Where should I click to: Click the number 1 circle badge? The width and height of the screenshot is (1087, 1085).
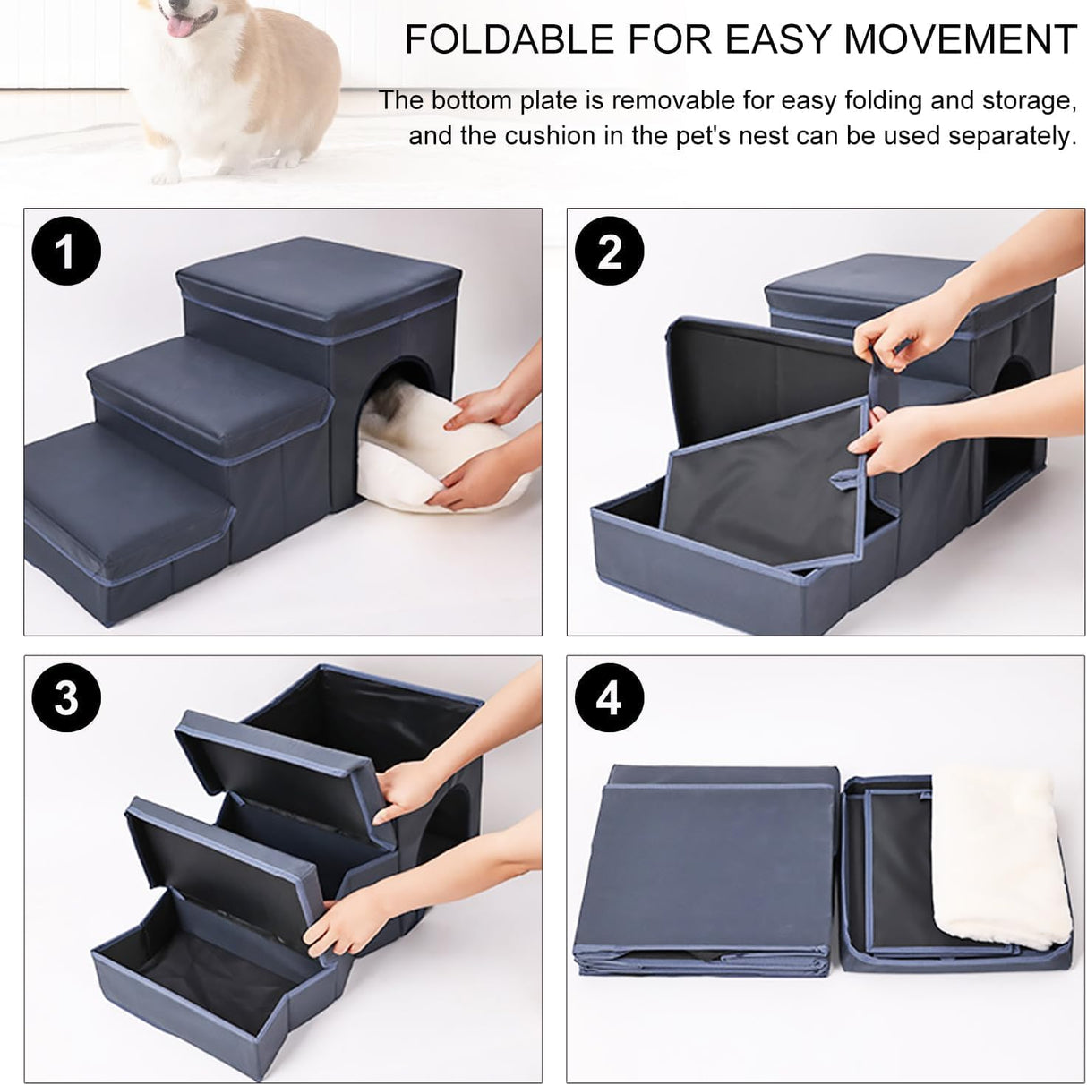coord(66,252)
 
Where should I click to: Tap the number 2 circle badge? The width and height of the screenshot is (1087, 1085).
coord(610,252)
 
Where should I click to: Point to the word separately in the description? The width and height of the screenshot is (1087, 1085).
coord(1011,136)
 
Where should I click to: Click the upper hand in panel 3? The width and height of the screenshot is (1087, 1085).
coord(412,788)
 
